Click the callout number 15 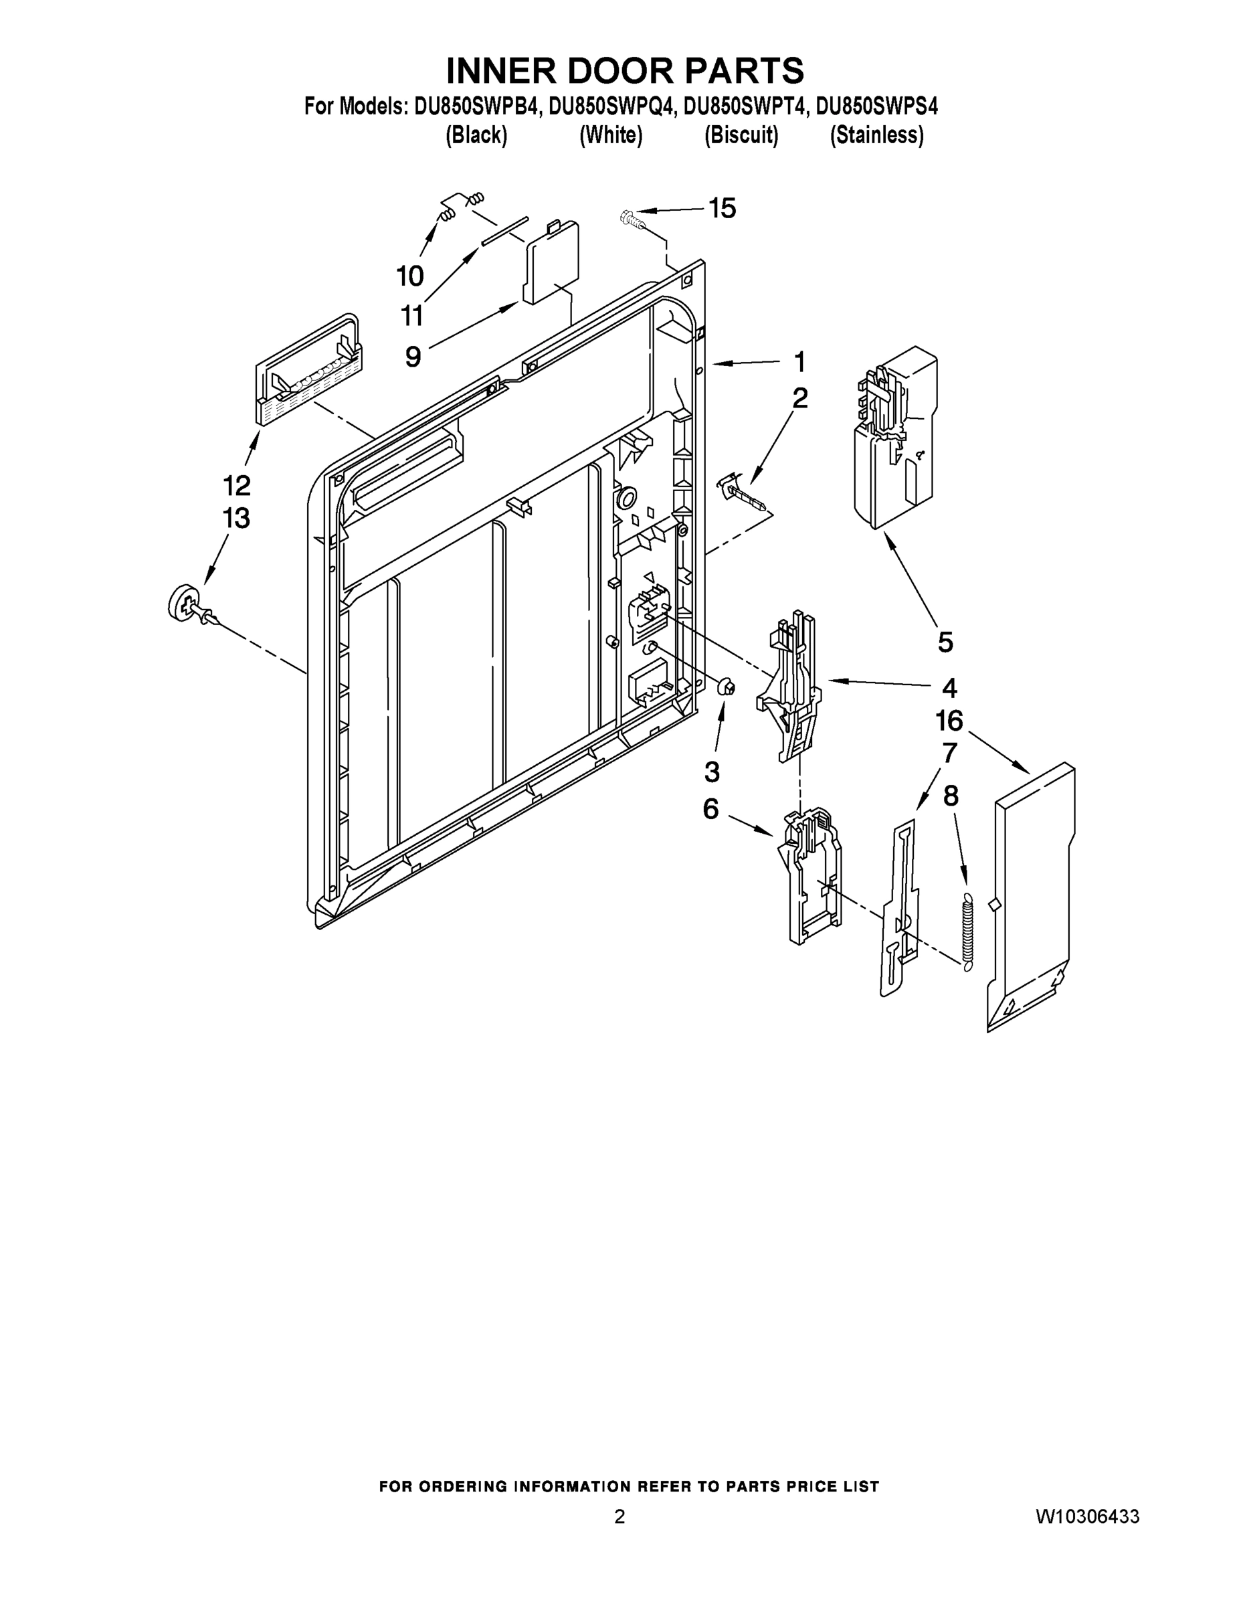point(721,209)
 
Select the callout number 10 point(409,276)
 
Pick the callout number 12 point(237,485)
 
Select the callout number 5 point(945,642)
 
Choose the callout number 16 point(949,721)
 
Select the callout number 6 point(710,809)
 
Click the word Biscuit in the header point(741,136)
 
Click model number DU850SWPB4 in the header point(477,107)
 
